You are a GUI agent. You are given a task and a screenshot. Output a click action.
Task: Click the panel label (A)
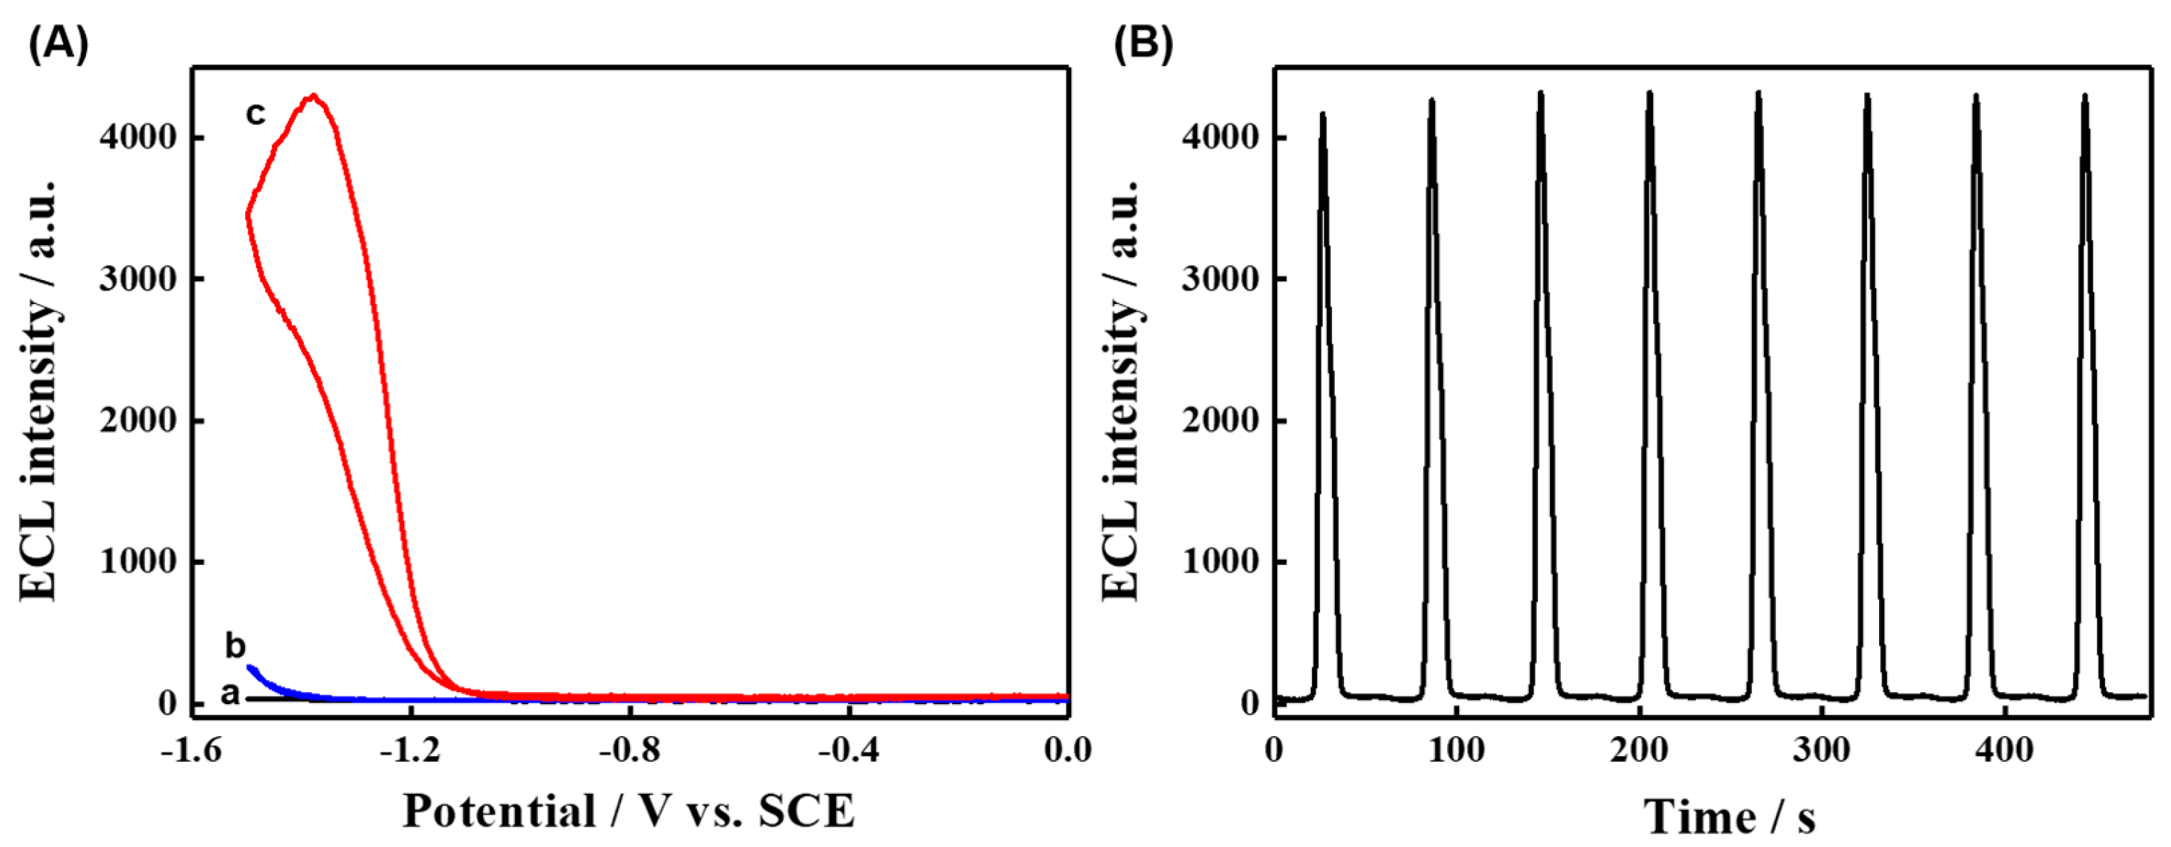pos(58,44)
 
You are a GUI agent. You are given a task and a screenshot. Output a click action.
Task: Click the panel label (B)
pos(1143,44)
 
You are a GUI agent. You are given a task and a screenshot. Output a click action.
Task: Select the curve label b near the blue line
pos(235,647)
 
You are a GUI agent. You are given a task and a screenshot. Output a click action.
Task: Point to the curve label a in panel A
pos(230,694)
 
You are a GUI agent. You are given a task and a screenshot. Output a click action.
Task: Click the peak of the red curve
pos(313,96)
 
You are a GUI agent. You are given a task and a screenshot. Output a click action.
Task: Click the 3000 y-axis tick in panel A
pos(136,279)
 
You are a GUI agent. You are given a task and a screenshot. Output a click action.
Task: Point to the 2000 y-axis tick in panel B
pos(1220,421)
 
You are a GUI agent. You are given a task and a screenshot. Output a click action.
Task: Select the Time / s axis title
pos(1728,816)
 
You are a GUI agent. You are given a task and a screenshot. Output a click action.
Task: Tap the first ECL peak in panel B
pos(1322,114)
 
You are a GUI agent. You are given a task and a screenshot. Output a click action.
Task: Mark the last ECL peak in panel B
pos(2085,96)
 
